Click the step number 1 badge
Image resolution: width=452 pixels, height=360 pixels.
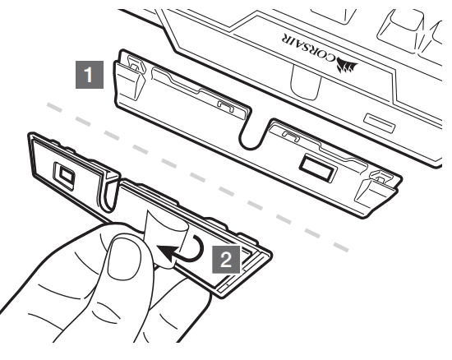(x=90, y=75)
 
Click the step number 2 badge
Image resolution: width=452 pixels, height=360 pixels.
(x=226, y=260)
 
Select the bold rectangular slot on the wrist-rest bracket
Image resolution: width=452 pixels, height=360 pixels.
(x=317, y=168)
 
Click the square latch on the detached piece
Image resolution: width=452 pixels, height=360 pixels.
(x=65, y=176)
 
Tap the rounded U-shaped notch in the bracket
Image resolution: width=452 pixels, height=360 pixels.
(x=250, y=136)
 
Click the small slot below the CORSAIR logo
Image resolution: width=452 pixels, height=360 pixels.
(x=380, y=123)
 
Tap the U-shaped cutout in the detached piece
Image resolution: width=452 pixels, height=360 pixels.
(x=110, y=193)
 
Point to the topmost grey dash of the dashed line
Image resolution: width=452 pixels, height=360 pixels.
(x=54, y=107)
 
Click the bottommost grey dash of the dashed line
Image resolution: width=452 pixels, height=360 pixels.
(x=341, y=247)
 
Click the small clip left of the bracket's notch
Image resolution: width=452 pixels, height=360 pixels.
(x=226, y=105)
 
